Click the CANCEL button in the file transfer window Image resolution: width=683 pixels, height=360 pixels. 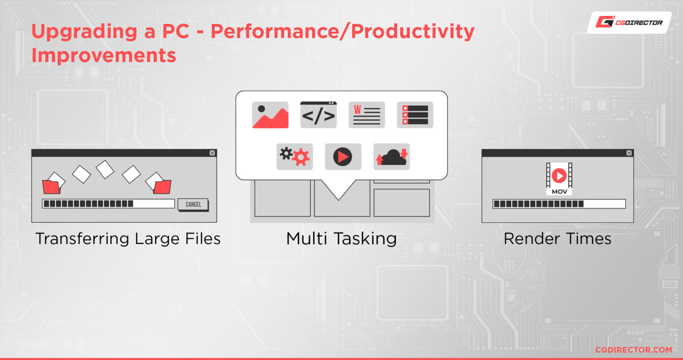[193, 204]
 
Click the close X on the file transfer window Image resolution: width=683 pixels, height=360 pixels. [212, 153]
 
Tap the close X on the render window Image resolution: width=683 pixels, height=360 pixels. [629, 153]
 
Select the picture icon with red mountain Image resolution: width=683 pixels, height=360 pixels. [270, 115]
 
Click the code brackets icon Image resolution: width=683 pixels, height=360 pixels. [318, 115]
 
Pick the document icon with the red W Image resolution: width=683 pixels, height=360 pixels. [366, 115]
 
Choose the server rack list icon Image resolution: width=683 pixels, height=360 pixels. [415, 115]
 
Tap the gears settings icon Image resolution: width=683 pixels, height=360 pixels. [294, 157]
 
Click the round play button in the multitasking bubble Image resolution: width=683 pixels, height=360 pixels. [343, 157]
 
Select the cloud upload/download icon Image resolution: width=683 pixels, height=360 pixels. [391, 157]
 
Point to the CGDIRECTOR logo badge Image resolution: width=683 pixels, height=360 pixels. [629, 23]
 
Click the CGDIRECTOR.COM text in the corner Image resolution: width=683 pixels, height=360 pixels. [634, 350]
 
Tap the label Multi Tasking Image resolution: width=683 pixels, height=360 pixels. [341, 238]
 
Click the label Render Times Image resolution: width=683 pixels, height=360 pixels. [557, 238]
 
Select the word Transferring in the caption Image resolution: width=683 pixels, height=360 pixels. [82, 239]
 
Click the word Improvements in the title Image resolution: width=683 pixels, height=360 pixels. [104, 55]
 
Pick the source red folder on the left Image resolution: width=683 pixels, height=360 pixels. [51, 187]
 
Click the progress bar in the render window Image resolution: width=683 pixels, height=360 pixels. [559, 204]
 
